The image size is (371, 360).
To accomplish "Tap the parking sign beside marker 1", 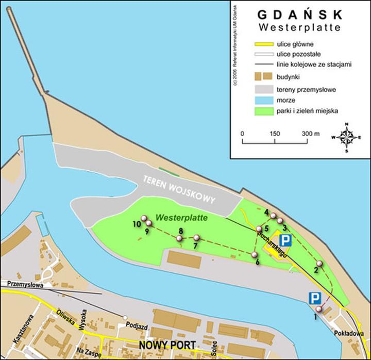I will (x=314, y=298).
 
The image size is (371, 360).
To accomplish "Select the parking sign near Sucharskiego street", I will (x=285, y=240).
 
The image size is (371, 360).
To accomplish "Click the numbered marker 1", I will (x=319, y=309).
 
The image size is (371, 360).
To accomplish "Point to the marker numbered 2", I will (x=320, y=265).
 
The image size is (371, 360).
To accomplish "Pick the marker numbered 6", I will (x=255, y=254).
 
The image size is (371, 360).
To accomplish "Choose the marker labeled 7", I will (x=196, y=238).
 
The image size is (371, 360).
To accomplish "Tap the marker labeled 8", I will (x=179, y=238).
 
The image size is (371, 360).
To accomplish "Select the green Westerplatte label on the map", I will (x=182, y=218).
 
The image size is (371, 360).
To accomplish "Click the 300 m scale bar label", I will (x=311, y=134).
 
